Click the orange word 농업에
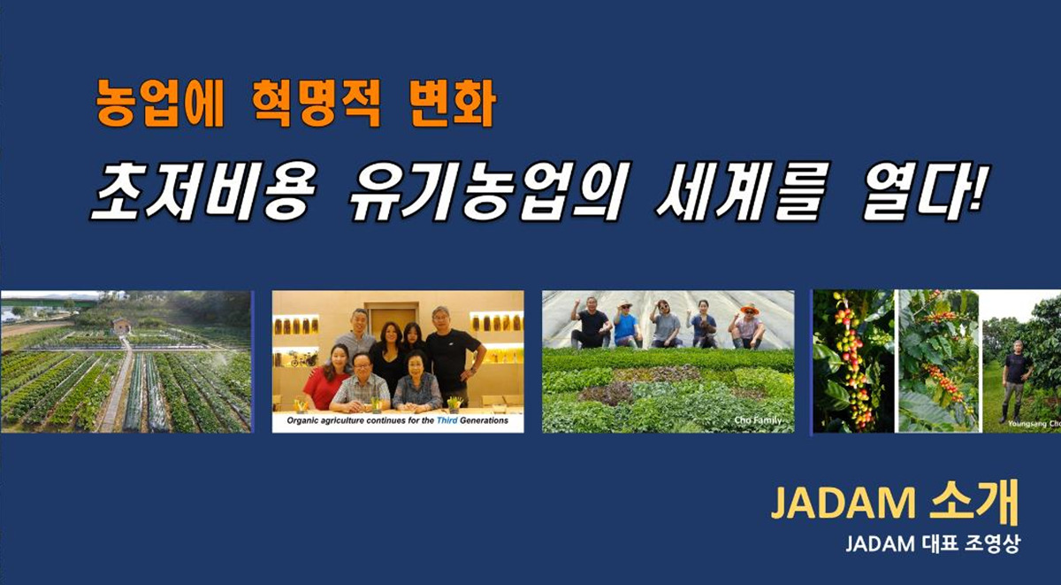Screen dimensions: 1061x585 point(160,104)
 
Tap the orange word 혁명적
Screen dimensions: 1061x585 point(316,104)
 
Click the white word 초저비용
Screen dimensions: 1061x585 point(203,191)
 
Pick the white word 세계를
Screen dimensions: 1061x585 point(743,191)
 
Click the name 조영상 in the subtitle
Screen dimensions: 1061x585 point(991,543)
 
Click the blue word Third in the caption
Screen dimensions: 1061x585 point(447,420)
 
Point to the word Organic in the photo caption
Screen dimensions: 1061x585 point(302,421)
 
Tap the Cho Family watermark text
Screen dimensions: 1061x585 point(758,420)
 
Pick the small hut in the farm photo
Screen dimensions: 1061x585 point(122,327)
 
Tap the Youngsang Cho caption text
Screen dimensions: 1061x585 point(1034,423)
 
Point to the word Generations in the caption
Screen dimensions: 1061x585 point(485,420)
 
